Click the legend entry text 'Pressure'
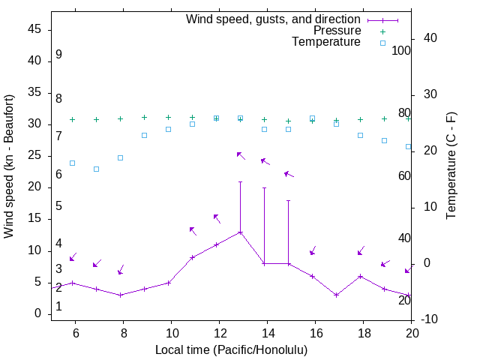(337, 31)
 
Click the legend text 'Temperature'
(326, 43)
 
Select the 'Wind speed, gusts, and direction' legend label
(274, 19)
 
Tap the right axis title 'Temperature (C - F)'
(451, 166)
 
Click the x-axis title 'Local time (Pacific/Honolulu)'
(231, 350)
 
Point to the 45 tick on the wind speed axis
(34, 29)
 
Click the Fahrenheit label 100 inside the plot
(401, 50)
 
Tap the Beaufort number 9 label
(58, 55)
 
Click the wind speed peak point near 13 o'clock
(240, 232)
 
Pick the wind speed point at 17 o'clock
(337, 295)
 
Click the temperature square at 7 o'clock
(96, 169)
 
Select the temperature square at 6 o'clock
(72, 163)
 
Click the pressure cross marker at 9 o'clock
(144, 117)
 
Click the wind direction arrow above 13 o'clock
(241, 155)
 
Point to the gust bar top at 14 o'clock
(264, 187)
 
